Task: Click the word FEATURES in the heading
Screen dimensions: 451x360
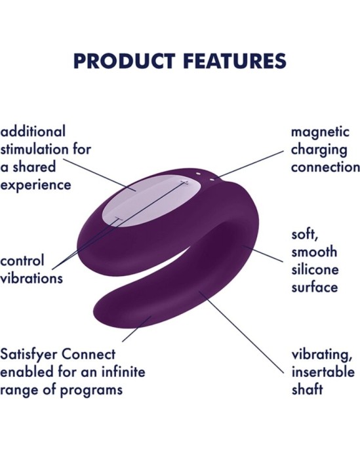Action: (x=231, y=61)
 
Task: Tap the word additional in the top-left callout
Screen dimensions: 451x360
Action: (x=33, y=132)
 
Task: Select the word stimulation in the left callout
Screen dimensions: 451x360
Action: (x=37, y=149)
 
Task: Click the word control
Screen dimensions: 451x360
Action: (x=22, y=261)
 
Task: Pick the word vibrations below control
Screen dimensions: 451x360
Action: (x=31, y=278)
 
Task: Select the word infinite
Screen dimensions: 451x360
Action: (x=123, y=373)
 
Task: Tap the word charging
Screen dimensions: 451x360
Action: (x=319, y=149)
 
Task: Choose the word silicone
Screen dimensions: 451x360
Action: (x=314, y=269)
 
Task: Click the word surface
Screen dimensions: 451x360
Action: (x=315, y=287)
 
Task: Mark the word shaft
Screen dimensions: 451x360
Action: (x=307, y=390)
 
